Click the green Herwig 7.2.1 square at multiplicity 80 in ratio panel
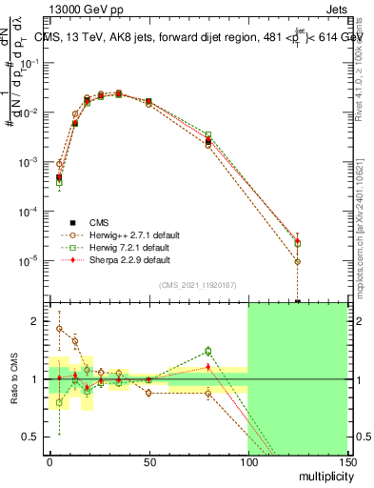[208, 351]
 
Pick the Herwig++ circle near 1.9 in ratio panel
[59, 328]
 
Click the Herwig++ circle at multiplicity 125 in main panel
[298, 261]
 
